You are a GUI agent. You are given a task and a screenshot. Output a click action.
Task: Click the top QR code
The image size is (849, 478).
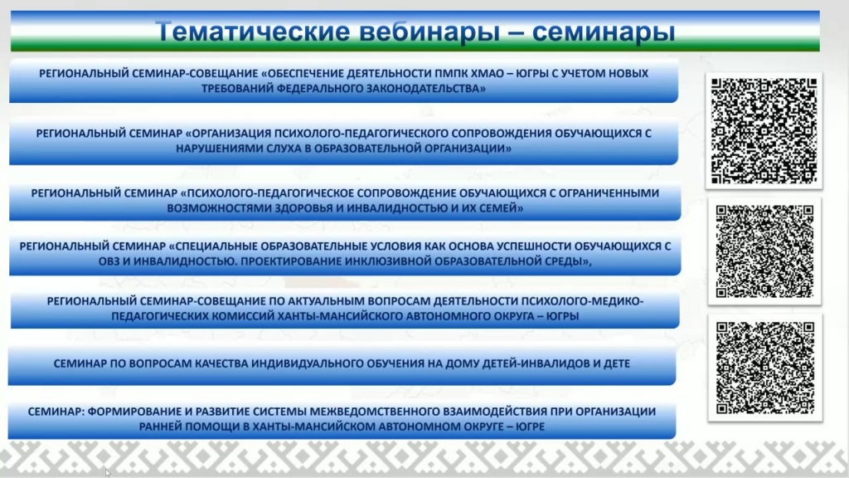coord(764,130)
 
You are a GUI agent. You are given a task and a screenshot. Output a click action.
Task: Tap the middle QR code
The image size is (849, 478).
coord(764,251)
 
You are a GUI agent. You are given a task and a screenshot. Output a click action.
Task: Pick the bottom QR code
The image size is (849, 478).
coord(764,368)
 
